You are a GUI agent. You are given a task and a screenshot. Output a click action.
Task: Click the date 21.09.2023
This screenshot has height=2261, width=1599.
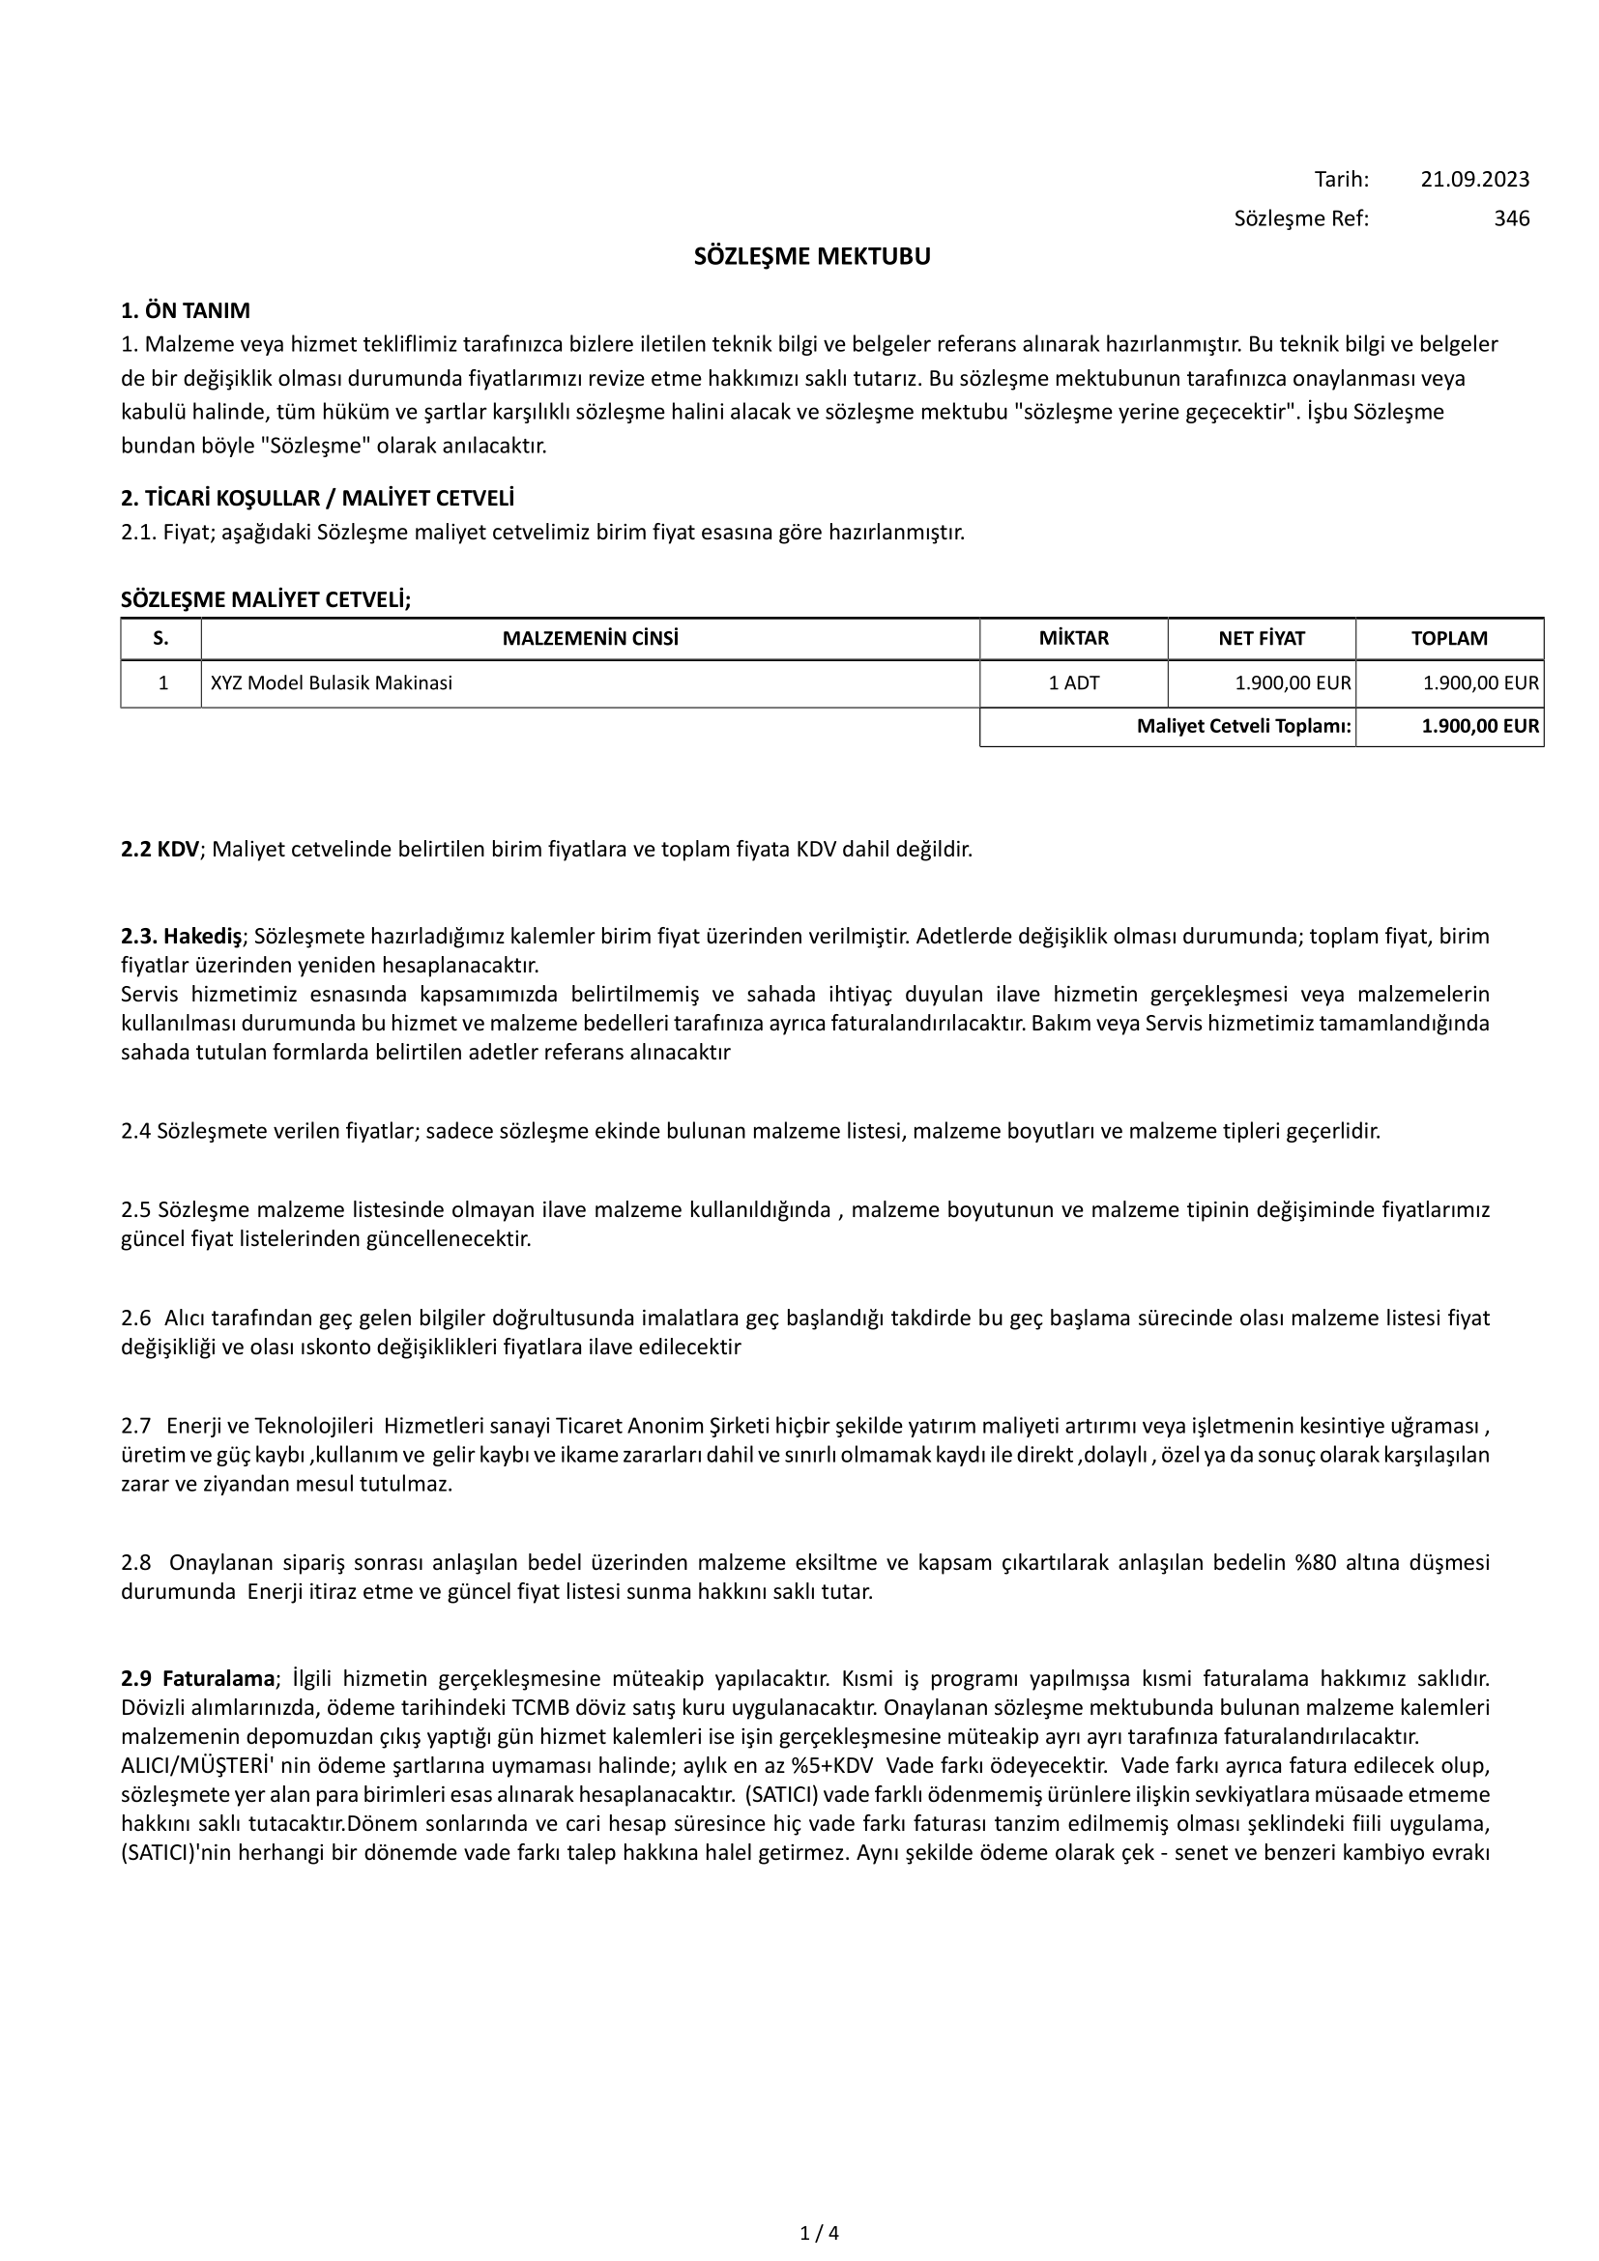pyautogui.click(x=1474, y=179)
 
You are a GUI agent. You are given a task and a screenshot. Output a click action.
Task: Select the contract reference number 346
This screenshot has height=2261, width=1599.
pyautogui.click(x=1511, y=218)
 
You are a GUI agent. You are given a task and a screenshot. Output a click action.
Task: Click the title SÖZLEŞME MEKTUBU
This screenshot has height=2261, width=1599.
pyautogui.click(x=811, y=257)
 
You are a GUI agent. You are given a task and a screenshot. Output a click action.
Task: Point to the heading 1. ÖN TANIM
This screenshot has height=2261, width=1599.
pyautogui.click(x=185, y=311)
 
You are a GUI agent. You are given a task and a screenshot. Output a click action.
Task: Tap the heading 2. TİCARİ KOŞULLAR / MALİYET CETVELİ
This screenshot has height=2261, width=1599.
pyautogui.click(x=317, y=498)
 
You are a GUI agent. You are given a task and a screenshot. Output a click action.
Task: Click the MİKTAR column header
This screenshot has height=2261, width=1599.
pyautogui.click(x=1073, y=638)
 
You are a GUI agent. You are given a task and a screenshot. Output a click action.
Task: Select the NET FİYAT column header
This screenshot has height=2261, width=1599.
pyautogui.click(x=1262, y=638)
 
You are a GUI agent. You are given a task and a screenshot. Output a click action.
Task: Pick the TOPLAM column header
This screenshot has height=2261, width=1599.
pyautogui.click(x=1448, y=638)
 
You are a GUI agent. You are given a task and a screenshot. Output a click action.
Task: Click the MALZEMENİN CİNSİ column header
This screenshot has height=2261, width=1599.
pyautogui.click(x=590, y=638)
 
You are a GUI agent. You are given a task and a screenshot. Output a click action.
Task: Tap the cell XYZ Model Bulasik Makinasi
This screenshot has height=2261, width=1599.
pyautogui.click(x=331, y=682)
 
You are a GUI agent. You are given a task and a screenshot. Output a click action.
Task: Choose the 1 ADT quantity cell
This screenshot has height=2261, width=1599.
pyautogui.click(x=1073, y=682)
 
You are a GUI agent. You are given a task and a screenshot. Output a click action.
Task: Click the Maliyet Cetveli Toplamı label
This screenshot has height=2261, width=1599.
pyautogui.click(x=1243, y=728)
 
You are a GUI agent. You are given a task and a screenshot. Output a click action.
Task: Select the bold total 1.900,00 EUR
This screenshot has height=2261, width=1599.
pyautogui.click(x=1480, y=728)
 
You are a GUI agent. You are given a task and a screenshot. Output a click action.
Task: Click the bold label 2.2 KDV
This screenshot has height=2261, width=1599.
pyautogui.click(x=160, y=849)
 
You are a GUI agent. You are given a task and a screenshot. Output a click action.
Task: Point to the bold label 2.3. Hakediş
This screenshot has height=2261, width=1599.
pyautogui.click(x=181, y=936)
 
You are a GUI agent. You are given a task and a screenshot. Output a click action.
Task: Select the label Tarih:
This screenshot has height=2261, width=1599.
pyautogui.click(x=1341, y=179)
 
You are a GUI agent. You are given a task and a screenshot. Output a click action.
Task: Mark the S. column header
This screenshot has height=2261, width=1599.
pyautogui.click(x=160, y=638)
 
